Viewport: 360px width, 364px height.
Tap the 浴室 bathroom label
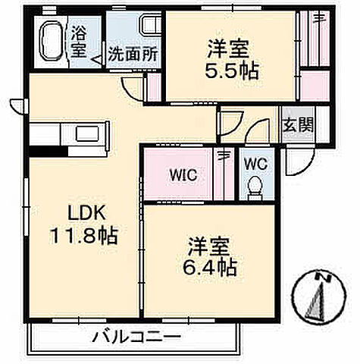79,42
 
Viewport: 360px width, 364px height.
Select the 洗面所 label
133,55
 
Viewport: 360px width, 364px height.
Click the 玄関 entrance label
296,126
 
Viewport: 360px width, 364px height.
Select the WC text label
254,162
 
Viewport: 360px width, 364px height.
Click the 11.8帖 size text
84,236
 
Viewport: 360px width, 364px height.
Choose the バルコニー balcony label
137,336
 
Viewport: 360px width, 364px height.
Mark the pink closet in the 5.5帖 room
310,52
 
